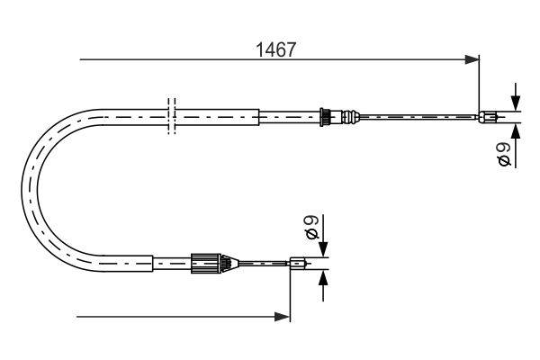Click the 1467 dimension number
[x=276, y=50]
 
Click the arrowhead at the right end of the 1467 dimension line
[x=472, y=59]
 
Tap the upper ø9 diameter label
[x=505, y=154]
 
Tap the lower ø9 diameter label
[x=312, y=227]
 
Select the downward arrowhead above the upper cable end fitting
[x=516, y=103]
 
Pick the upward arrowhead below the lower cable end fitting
[x=323, y=278]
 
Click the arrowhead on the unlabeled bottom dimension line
[x=282, y=317]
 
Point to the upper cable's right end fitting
[x=487, y=117]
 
